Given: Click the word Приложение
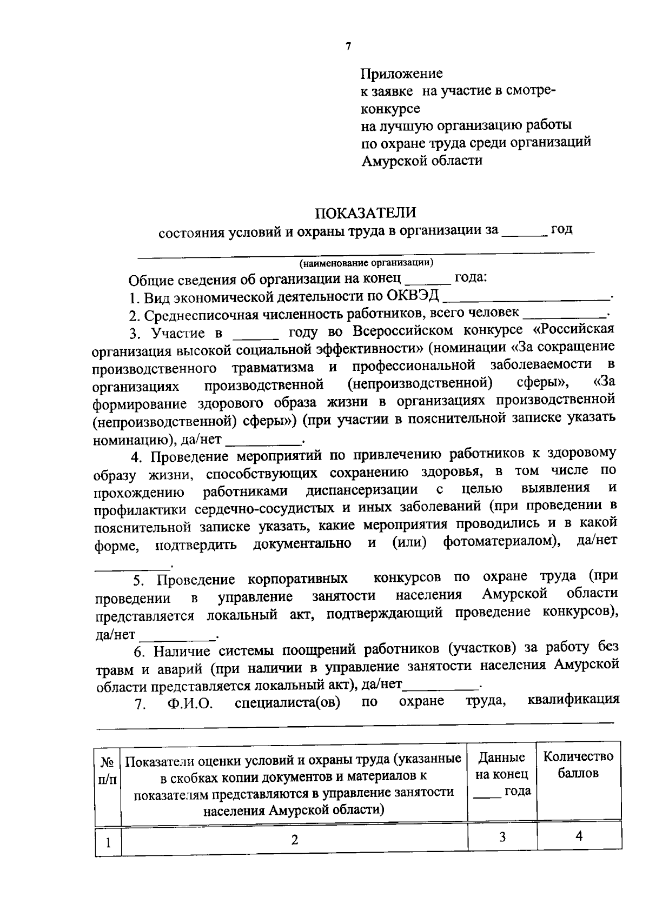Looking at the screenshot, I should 401,73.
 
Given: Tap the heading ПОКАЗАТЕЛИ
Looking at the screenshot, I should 366,212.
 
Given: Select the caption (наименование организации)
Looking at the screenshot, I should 367,263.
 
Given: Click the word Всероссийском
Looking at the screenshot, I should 401,331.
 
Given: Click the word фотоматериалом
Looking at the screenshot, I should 501,542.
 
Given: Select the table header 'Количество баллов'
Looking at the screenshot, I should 578,765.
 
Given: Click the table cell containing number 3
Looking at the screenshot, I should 502,838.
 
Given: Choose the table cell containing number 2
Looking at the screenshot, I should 294,840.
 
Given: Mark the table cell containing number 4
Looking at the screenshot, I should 579,836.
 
